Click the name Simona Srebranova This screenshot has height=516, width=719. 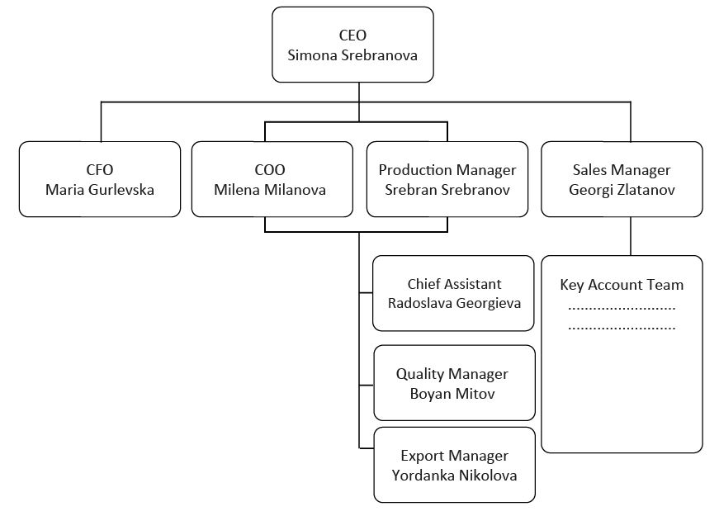click(352, 56)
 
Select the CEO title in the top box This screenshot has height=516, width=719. click(352, 36)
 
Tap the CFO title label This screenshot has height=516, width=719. click(100, 170)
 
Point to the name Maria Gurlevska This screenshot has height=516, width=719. click(100, 190)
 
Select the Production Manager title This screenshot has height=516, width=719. click(447, 170)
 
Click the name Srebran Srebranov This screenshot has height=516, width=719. click(447, 190)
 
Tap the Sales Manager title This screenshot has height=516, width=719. click(622, 170)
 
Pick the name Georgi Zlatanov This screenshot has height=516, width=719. click(622, 190)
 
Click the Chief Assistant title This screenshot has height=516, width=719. click(454, 284)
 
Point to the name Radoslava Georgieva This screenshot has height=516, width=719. click(454, 303)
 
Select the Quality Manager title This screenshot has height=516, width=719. click(452, 374)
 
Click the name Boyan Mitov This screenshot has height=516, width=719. click(452, 394)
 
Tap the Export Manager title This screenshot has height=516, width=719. click(454, 456)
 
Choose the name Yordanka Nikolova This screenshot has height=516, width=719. click(454, 476)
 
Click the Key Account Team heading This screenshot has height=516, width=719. click(622, 285)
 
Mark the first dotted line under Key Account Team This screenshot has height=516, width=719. click(622, 309)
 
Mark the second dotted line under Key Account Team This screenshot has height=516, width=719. click(622, 328)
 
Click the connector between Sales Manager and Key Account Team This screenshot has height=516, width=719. click(631, 236)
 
